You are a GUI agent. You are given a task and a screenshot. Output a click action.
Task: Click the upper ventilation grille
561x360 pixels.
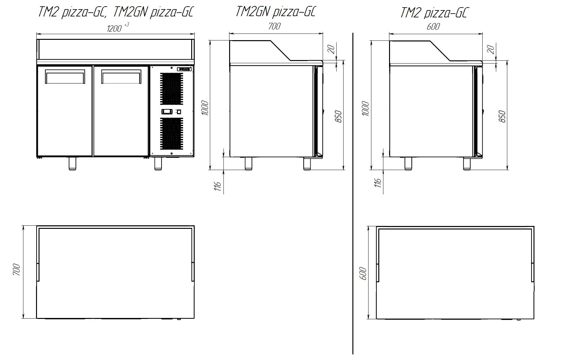click(x=172, y=89)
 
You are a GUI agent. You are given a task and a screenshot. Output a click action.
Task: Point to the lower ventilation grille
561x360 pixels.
click(x=172, y=134)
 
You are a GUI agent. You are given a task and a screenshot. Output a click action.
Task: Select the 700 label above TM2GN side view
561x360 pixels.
click(x=274, y=26)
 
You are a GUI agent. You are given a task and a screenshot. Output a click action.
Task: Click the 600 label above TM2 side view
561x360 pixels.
click(x=433, y=26)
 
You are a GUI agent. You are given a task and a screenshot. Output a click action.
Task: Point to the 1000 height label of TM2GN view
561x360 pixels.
click(x=205, y=108)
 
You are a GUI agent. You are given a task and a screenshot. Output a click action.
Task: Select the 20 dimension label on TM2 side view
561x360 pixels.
click(x=491, y=49)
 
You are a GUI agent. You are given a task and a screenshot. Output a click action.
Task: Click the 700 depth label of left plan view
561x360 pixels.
click(x=16, y=270)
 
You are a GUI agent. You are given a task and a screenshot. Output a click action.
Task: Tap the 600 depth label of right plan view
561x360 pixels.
click(x=363, y=273)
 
